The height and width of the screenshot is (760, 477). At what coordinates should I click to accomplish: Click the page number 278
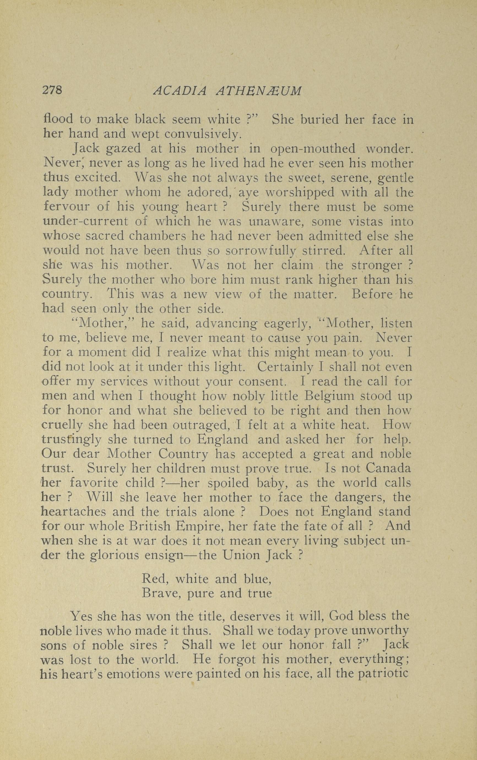tap(52, 91)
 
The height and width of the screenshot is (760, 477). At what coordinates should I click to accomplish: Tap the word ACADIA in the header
tap(180, 91)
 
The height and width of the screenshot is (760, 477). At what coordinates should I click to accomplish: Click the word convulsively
tap(203, 134)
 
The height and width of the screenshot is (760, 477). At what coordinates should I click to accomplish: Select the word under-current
tap(85, 221)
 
